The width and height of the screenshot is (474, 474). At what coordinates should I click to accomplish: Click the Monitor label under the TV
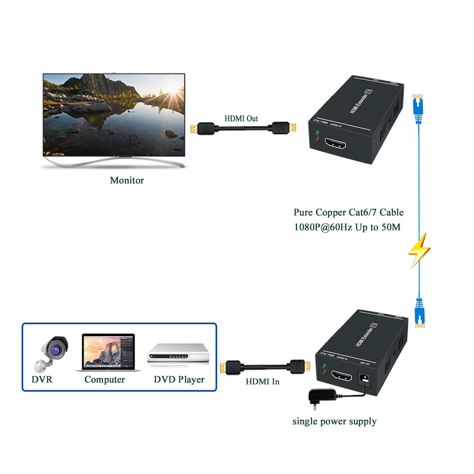(127, 180)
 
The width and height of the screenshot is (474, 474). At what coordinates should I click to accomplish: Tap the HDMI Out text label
(241, 118)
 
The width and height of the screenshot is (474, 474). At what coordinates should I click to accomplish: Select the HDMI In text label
(262, 381)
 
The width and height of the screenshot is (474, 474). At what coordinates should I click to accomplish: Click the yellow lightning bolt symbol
(419, 250)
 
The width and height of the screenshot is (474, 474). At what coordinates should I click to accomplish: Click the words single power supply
(334, 421)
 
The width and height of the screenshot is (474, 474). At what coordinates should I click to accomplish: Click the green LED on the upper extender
(317, 133)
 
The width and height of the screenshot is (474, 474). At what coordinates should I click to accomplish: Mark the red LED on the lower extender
(324, 372)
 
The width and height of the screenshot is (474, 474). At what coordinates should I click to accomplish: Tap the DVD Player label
(179, 380)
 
